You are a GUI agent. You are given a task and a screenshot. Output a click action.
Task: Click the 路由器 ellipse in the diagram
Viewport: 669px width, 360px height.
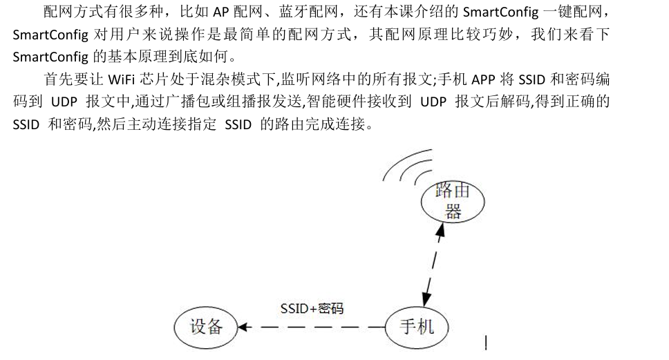(x=453, y=201)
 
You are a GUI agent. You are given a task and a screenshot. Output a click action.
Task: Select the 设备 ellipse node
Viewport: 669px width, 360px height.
(x=205, y=326)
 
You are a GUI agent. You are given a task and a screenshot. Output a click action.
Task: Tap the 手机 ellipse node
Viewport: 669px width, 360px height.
(x=417, y=326)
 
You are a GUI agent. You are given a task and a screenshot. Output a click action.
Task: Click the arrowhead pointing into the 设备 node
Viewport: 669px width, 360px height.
(x=243, y=326)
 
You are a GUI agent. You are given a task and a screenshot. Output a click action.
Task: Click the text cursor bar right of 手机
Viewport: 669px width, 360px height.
(x=486, y=343)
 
